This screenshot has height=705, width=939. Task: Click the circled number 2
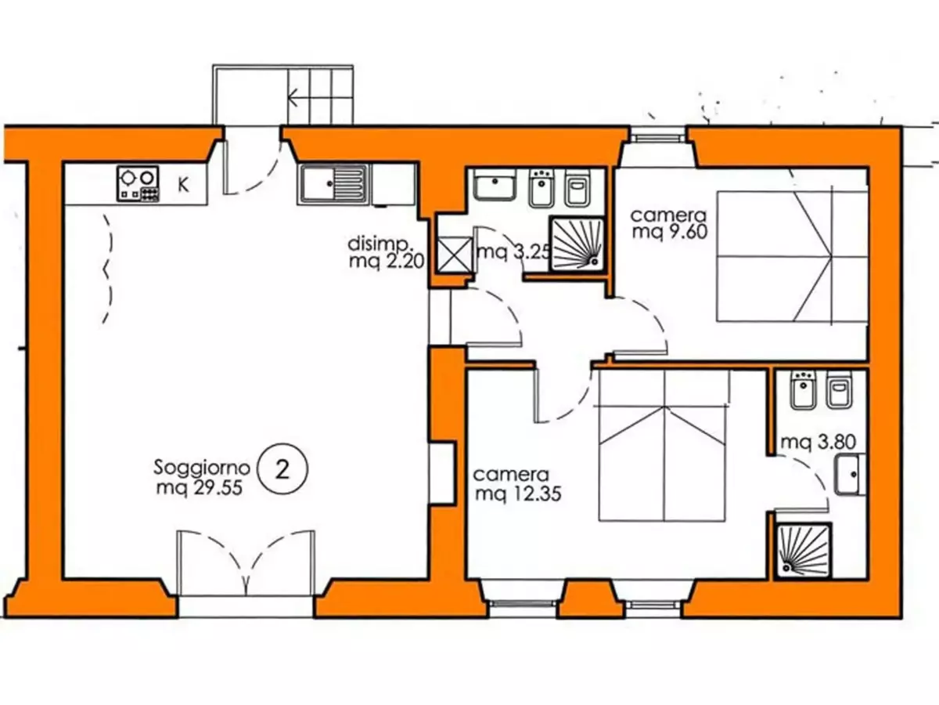click(x=282, y=469)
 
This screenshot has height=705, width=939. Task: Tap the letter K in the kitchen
click(x=183, y=186)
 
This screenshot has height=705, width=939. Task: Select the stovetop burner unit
click(x=138, y=184)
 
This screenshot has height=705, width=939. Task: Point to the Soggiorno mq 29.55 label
click(x=201, y=477)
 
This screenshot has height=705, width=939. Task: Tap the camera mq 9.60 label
click(x=669, y=223)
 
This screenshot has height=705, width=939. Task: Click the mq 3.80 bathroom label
click(x=818, y=442)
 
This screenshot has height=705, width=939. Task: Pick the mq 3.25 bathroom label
click(x=513, y=252)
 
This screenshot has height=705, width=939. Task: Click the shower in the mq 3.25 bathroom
click(x=577, y=244)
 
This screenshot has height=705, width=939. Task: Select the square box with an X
click(x=455, y=255)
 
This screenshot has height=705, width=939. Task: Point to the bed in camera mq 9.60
click(x=792, y=256)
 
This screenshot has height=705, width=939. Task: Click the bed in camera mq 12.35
click(x=662, y=445)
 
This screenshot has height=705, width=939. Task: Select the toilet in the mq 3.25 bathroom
click(x=578, y=188)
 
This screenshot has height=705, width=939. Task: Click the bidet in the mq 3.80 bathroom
click(x=803, y=390)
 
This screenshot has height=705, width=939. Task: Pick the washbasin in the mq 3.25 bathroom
click(x=495, y=185)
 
